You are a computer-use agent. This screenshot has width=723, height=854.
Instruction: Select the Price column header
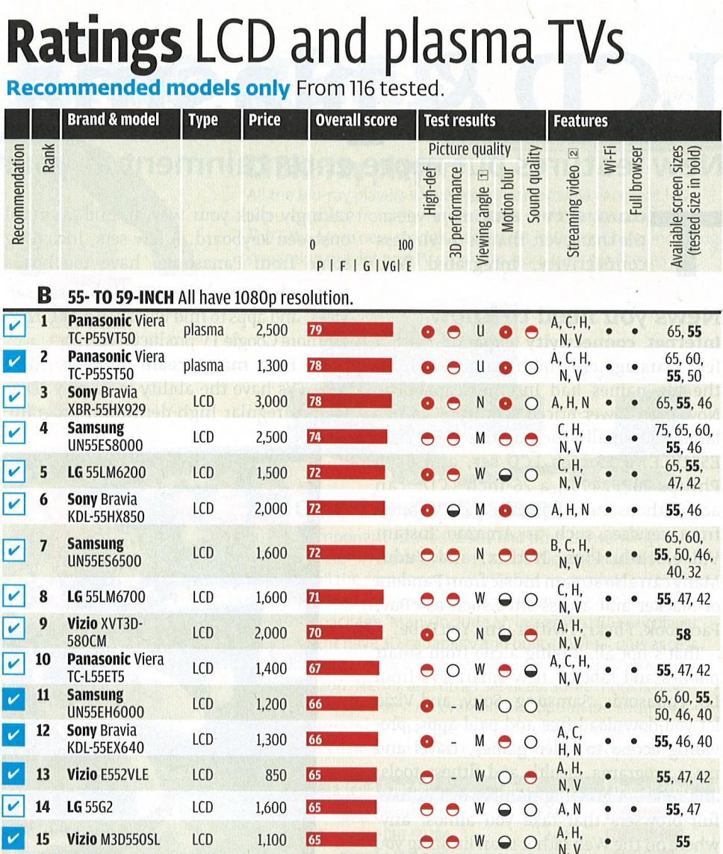(x=265, y=120)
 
